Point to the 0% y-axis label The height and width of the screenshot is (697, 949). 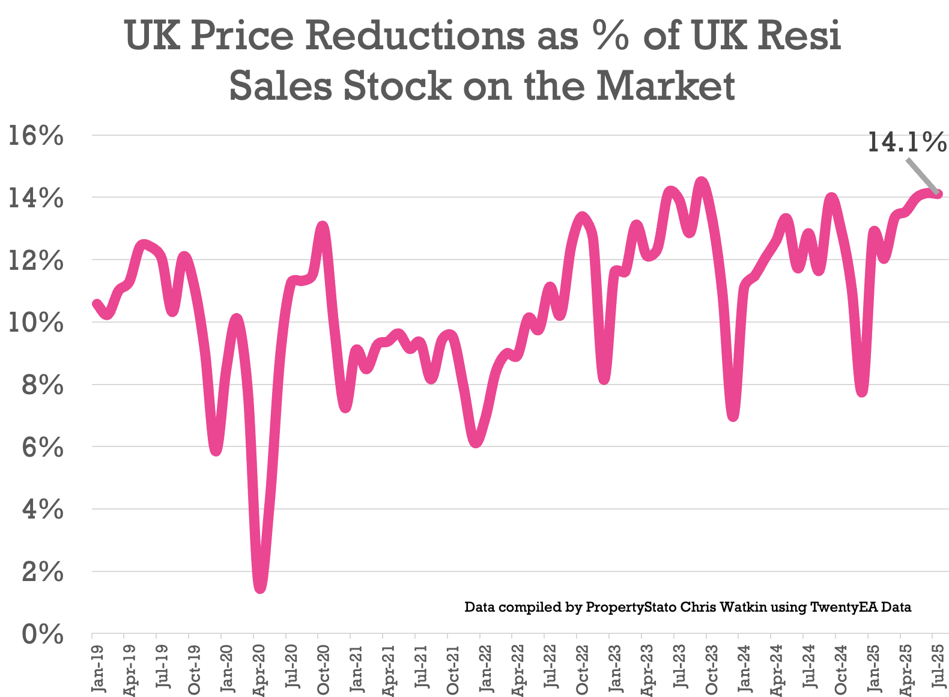click(43, 635)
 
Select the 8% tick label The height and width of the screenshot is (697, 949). click(43, 385)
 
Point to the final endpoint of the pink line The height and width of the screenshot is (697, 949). click(938, 193)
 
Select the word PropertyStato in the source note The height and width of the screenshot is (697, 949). click(631, 607)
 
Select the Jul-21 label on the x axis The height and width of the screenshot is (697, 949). click(420, 668)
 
